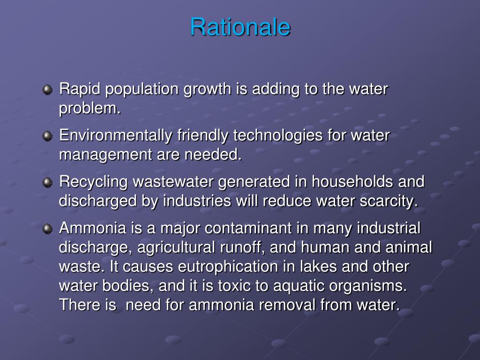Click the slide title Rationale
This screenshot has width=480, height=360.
click(240, 27)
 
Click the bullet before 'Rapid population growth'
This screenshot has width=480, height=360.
click(47, 90)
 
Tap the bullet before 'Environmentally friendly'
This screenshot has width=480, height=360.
click(47, 136)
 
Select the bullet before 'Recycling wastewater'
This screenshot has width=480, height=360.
click(47, 182)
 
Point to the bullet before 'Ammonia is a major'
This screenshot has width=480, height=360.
click(47, 229)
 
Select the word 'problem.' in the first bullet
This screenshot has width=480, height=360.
click(90, 108)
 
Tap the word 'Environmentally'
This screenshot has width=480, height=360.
click(116, 136)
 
